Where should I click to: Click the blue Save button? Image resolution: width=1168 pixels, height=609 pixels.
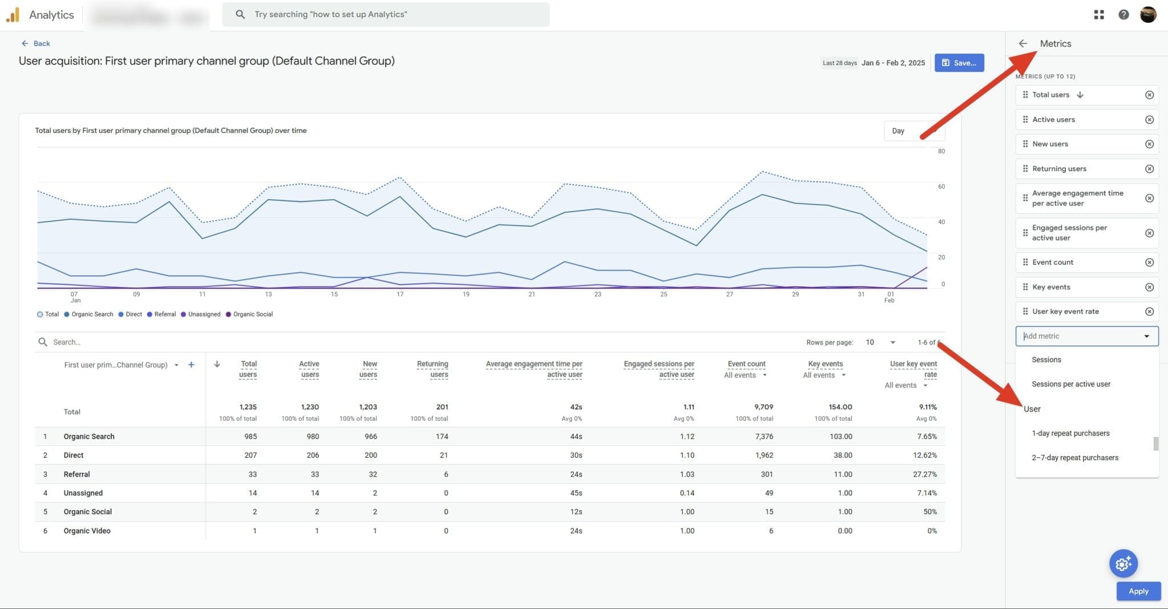[959, 63]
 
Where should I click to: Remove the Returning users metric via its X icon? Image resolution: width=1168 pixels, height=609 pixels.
[1149, 169]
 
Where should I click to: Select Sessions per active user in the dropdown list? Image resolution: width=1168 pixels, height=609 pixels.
[1070, 384]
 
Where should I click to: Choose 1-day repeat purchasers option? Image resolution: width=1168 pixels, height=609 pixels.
[1070, 433]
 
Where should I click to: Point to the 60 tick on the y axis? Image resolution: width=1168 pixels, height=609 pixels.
[941, 187]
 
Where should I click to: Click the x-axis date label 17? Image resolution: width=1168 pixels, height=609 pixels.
[400, 295]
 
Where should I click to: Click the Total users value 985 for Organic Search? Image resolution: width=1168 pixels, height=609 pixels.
[250, 437]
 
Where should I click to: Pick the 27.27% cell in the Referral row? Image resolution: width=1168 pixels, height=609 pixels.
[924, 474]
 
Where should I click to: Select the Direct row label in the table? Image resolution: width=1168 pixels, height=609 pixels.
[74, 455]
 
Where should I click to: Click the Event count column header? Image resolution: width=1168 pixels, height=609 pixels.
[746, 364]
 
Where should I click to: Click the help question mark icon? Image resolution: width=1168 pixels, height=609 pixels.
[1123, 15]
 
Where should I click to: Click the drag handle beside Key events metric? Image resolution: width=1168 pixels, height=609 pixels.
[1025, 287]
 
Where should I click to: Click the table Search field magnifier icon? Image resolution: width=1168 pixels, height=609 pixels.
[43, 342]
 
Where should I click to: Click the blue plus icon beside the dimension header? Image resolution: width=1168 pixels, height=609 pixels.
[191, 365]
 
